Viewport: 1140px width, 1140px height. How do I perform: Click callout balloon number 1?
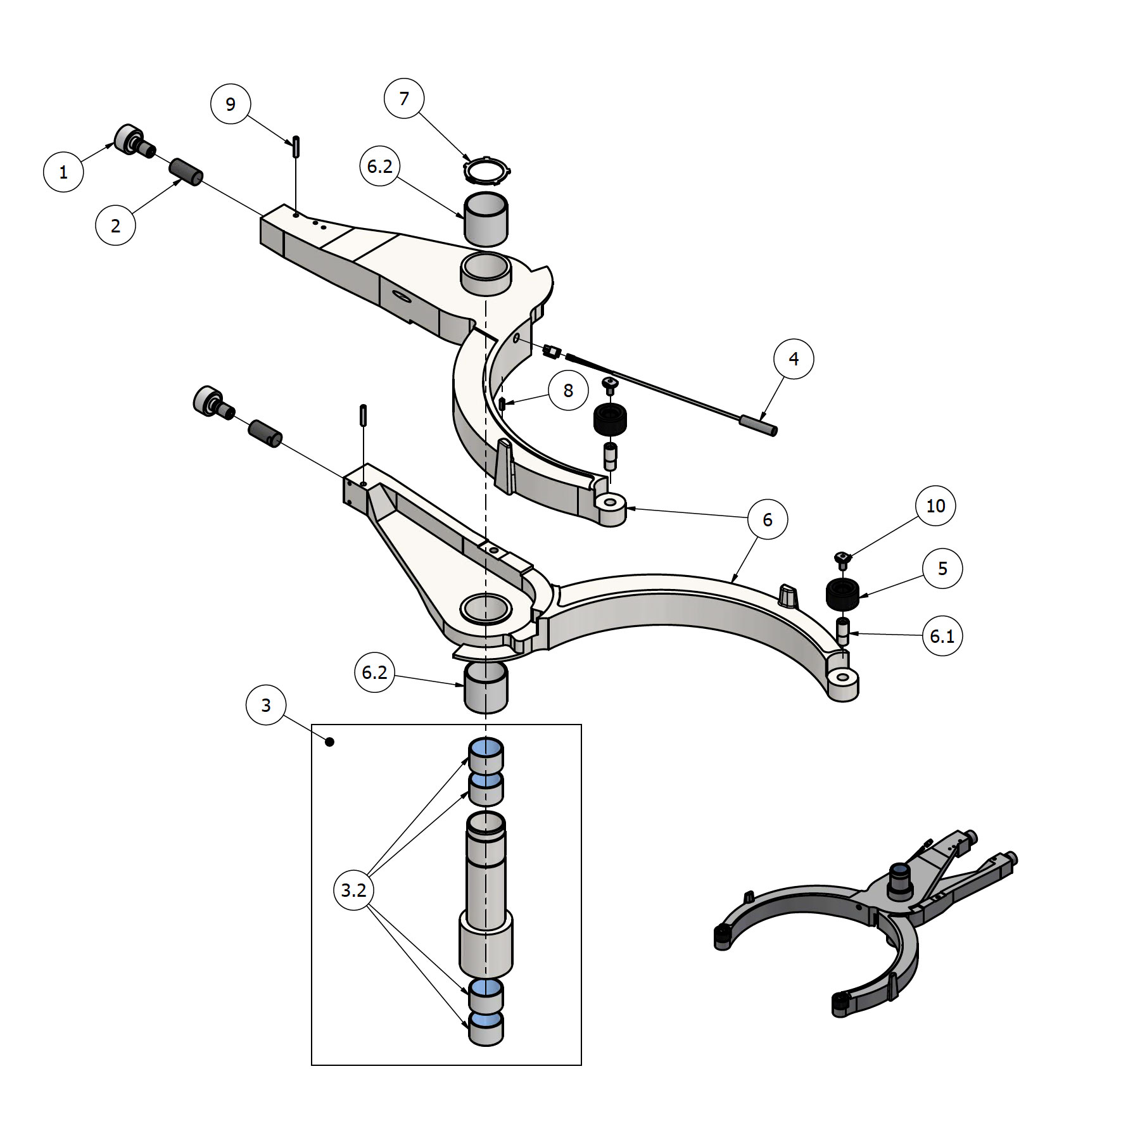tap(63, 172)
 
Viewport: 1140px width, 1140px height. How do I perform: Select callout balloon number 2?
tap(115, 225)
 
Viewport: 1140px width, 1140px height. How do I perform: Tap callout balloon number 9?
tap(231, 104)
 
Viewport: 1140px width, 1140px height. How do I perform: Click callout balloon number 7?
tap(404, 99)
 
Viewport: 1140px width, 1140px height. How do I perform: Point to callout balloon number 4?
tap(794, 359)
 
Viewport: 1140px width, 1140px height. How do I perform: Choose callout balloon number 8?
tap(568, 391)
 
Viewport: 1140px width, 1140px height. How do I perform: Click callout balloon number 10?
tap(935, 505)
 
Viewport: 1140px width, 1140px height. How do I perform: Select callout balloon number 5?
tap(942, 568)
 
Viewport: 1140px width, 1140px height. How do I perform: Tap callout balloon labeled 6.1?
tap(942, 635)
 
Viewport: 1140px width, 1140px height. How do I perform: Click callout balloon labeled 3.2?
tap(354, 890)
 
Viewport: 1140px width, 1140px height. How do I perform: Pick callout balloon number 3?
tap(266, 705)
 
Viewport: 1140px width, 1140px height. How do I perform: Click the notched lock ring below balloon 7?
tap(486, 169)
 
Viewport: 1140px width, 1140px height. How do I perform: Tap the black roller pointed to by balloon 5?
tap(842, 593)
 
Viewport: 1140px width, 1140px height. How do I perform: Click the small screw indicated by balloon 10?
tap(842, 557)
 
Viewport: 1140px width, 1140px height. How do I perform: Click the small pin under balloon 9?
tap(296, 147)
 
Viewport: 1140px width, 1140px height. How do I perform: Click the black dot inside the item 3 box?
tap(329, 742)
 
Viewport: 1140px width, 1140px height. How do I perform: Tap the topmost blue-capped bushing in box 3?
tap(486, 753)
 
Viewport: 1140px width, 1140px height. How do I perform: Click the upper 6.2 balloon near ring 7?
tap(380, 167)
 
